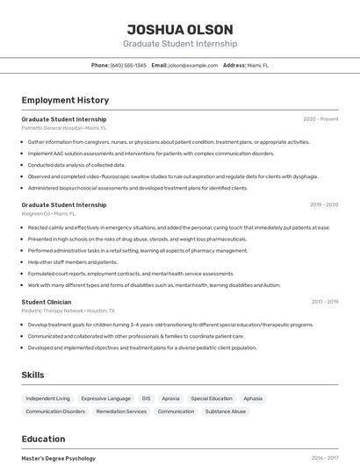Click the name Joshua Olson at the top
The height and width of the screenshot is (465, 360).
point(179,29)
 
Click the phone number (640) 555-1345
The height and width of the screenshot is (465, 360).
point(128,65)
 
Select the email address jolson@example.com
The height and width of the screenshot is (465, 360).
point(193,65)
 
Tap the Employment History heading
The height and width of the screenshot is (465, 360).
point(65,100)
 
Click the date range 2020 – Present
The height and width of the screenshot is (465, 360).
point(320,119)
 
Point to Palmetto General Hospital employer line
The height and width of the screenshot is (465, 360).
point(64,127)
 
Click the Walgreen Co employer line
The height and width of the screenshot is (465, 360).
point(48,213)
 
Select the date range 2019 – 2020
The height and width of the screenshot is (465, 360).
point(324,205)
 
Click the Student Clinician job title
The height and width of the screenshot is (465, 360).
point(46,302)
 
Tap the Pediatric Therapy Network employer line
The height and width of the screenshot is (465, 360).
point(68,311)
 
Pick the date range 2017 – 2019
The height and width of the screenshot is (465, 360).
point(324,302)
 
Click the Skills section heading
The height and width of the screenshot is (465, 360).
point(32,375)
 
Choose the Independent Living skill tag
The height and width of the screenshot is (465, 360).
point(47,398)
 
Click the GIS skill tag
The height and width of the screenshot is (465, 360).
point(146,398)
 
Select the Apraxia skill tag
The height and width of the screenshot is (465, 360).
point(170,398)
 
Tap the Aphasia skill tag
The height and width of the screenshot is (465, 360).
point(253,398)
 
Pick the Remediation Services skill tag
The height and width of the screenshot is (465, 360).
point(121,411)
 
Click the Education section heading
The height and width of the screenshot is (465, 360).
point(43,439)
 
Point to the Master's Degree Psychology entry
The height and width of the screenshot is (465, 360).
point(58,458)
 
